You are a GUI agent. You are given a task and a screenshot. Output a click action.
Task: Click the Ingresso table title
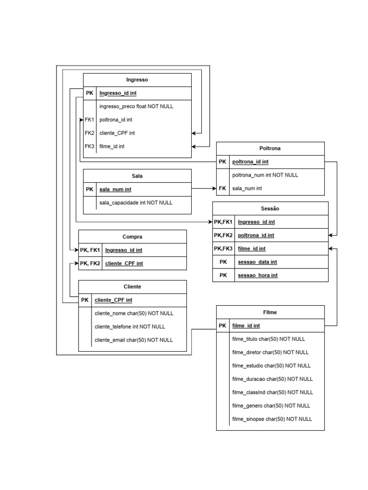pyautogui.click(x=137, y=80)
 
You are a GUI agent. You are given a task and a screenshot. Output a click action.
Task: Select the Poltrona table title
pyautogui.click(x=270, y=148)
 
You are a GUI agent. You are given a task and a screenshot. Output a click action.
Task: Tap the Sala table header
pyautogui.click(x=137, y=176)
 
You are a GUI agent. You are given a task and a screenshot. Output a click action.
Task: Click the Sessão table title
pyautogui.click(x=270, y=209)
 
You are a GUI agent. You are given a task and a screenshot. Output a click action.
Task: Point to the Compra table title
pyautogui.click(x=132, y=236)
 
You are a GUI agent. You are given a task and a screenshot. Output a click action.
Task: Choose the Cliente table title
pyautogui.click(x=132, y=287)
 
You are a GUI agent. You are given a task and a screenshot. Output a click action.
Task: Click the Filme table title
pyautogui.click(x=270, y=312)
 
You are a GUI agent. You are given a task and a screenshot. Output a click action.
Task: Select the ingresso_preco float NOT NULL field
pyautogui.click(x=137, y=106)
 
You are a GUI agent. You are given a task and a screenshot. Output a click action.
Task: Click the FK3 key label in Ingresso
pyautogui.click(x=90, y=146)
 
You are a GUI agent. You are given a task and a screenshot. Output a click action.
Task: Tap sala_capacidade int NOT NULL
pyautogui.click(x=136, y=203)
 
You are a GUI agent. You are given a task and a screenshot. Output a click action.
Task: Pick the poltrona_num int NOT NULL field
pyautogui.click(x=265, y=175)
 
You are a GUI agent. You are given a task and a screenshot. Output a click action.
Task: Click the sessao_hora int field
pyautogui.click(x=258, y=275)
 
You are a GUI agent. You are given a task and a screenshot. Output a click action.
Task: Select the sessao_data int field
pyautogui.click(x=257, y=262)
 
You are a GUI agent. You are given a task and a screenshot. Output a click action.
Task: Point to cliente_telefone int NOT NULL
pyautogui.click(x=130, y=327)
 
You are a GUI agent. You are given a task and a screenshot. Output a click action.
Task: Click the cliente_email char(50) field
pyautogui.click(x=134, y=340)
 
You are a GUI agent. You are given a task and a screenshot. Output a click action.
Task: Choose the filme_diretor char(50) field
pyautogui.click(x=270, y=352)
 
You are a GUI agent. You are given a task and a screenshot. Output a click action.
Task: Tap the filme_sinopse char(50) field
pyautogui.click(x=272, y=419)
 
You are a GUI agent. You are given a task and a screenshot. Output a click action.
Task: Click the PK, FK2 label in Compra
pyautogui.click(x=90, y=263)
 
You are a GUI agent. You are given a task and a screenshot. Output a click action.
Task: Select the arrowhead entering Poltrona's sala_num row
pyautogui.click(x=214, y=189)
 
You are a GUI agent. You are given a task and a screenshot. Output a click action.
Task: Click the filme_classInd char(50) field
pyautogui.click(x=272, y=392)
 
